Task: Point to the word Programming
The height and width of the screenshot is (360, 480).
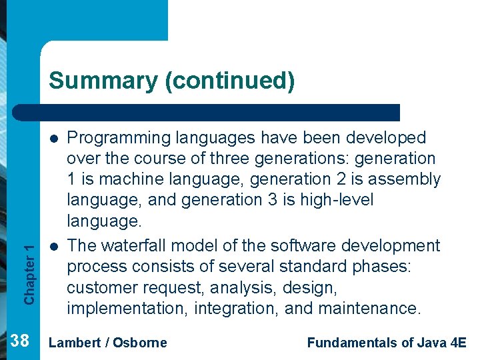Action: click(x=119, y=138)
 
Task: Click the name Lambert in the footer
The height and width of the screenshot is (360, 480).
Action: click(x=75, y=343)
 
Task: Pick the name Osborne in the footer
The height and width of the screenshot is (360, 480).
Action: click(x=140, y=343)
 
